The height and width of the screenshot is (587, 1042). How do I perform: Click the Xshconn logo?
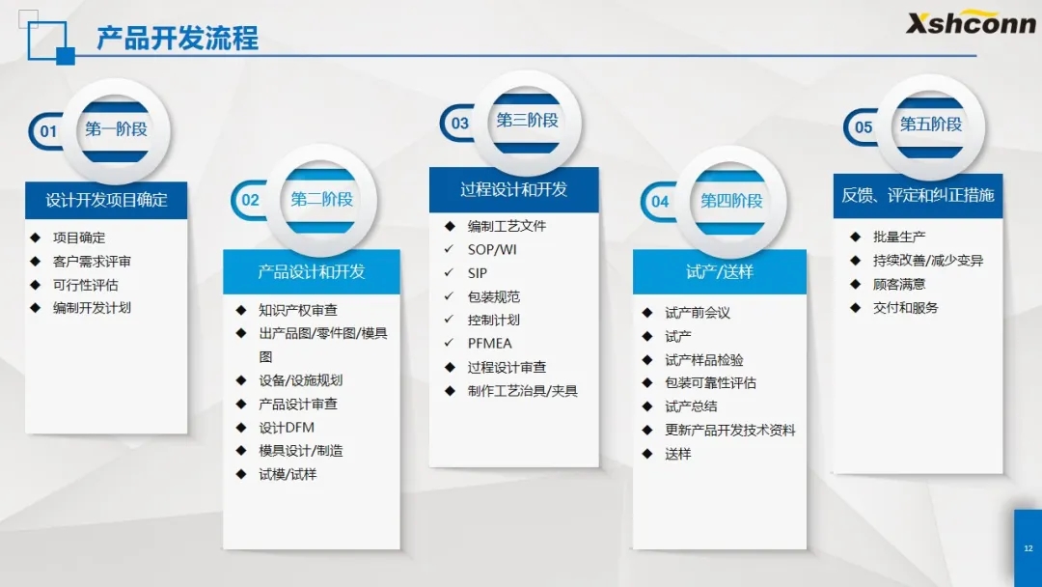coord(971,22)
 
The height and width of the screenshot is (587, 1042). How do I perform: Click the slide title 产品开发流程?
coord(178,38)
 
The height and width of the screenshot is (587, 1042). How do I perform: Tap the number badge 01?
coord(48,131)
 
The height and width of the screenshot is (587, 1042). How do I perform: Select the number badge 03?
coord(459,123)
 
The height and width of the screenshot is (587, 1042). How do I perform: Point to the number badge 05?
coord(864,127)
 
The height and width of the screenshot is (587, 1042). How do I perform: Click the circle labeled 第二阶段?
coord(321,200)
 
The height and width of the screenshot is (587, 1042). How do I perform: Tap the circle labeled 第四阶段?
coord(731,201)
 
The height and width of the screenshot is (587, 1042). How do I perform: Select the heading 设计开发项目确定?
coord(106,200)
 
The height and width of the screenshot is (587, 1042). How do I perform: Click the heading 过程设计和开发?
coord(513,190)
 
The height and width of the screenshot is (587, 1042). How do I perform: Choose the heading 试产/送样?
coord(720,272)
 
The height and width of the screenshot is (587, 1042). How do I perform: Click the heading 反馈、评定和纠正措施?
coord(918,195)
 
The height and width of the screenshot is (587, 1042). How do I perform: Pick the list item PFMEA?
coord(490,344)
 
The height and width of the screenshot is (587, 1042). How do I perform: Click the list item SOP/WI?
coord(492,250)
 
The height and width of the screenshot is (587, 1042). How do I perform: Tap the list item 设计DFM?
coord(287,428)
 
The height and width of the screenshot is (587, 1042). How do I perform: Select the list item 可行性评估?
coord(86,285)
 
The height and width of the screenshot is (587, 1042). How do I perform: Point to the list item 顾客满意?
coord(899,285)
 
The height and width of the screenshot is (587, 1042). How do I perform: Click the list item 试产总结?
coord(691,406)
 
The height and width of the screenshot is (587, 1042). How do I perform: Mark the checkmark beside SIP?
coord(450,272)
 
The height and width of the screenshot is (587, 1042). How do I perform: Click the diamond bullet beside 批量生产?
coord(855,237)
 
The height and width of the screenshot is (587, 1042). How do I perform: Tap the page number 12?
coord(1028,548)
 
